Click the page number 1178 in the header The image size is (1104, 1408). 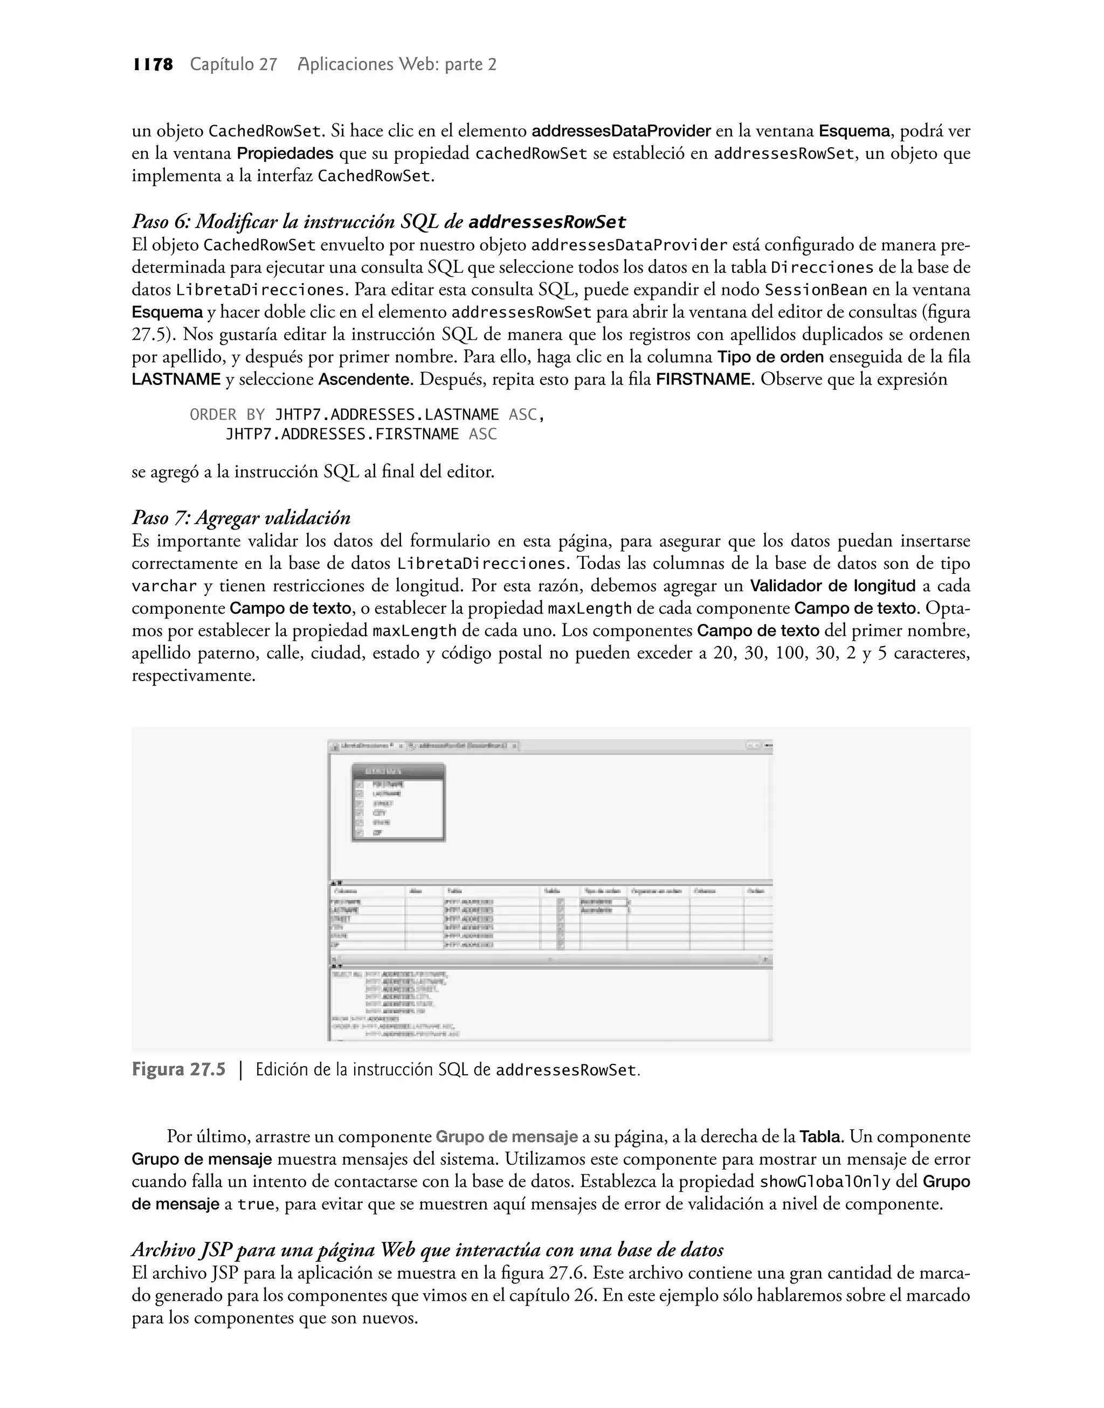point(153,64)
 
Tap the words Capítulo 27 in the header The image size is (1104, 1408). point(233,64)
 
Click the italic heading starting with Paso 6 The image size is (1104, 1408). point(379,222)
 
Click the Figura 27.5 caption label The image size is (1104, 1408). point(179,1069)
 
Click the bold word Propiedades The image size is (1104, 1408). point(285,154)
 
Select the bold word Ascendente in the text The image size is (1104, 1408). point(364,380)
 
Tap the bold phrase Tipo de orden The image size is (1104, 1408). point(770,357)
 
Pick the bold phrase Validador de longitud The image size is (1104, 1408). point(832,586)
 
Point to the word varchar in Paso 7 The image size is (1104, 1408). point(164,586)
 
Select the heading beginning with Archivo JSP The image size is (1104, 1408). point(427,1249)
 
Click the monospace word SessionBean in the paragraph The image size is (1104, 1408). point(816,290)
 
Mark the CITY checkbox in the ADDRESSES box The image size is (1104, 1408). point(360,813)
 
